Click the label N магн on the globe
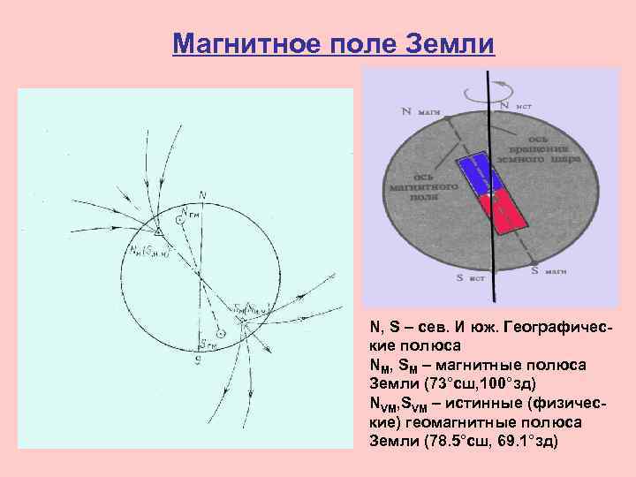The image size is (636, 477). [x=420, y=112]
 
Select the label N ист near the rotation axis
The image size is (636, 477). [x=516, y=105]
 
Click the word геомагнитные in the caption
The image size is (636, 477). [x=443, y=422]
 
